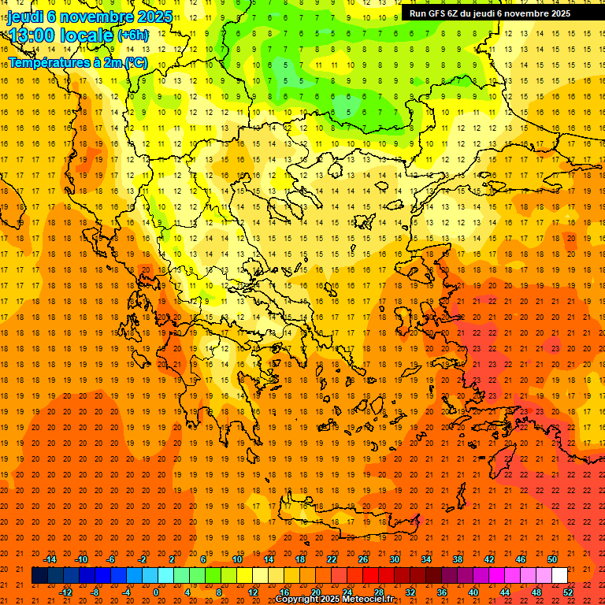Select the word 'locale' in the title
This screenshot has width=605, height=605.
(91, 35)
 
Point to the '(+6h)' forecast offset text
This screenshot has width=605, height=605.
(132, 35)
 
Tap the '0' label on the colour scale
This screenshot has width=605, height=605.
(156, 592)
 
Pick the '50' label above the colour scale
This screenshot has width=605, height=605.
(552, 559)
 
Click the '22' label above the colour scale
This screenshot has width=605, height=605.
(332, 559)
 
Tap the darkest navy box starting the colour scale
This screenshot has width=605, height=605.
(39, 575)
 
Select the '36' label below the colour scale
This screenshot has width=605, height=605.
(442, 592)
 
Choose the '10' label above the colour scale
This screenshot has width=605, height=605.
(237, 559)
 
